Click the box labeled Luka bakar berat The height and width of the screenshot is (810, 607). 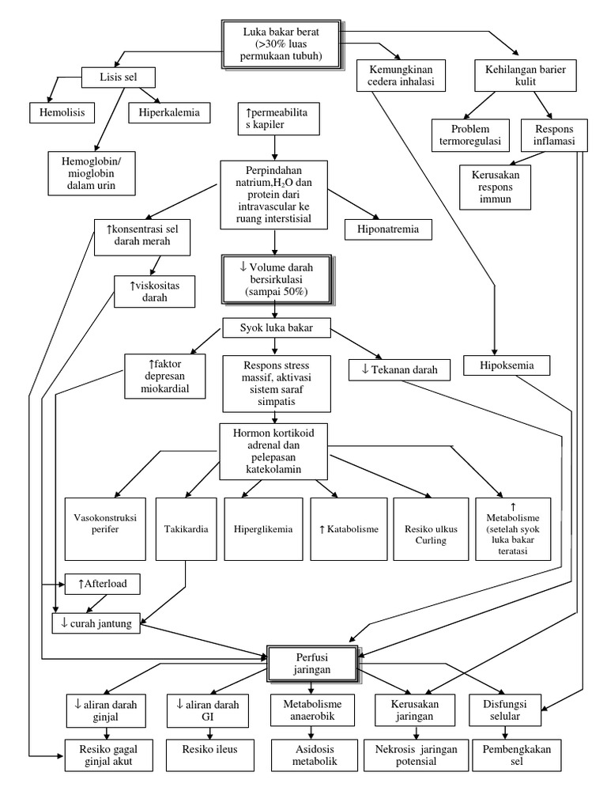click(282, 44)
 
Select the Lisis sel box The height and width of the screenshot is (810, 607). click(119, 78)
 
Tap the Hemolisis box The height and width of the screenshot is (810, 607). click(62, 112)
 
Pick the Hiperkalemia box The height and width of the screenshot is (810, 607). click(170, 112)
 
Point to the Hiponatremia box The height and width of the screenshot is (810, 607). click(388, 229)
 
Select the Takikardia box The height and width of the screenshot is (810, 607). click(187, 528)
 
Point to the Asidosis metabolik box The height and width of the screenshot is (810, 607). click(305, 755)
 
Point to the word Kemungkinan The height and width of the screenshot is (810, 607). click(397, 67)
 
